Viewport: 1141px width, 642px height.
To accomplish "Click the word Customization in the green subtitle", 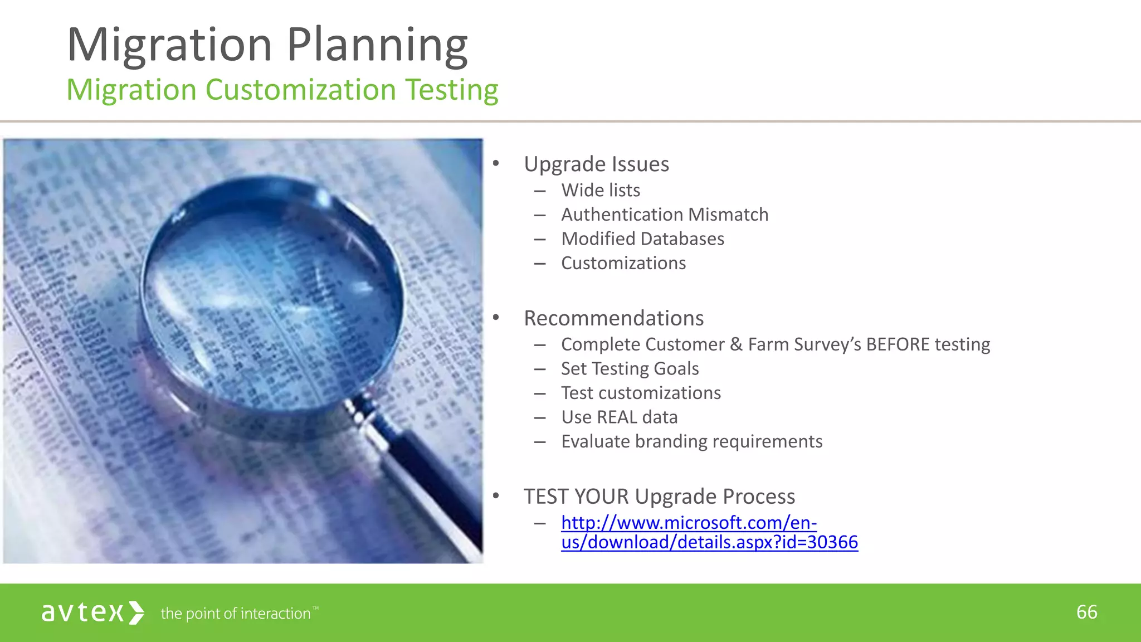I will [301, 90].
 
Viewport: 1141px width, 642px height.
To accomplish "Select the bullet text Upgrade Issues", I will [596, 164].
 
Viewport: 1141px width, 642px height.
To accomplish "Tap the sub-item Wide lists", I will [601, 190].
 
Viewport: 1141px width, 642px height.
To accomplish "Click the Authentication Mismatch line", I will [664, 215].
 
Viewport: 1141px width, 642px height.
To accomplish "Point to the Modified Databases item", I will [642, 239].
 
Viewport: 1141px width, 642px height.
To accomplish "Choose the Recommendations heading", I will [613, 318].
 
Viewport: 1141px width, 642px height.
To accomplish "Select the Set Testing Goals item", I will [630, 369].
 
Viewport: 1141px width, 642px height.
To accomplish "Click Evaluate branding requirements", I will [691, 441].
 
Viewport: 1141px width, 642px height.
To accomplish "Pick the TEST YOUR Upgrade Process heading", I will [659, 497].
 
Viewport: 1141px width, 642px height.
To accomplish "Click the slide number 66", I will [1086, 612].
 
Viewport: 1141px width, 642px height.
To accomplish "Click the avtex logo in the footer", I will [92, 612].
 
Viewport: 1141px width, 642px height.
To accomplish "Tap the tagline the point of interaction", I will [236, 614].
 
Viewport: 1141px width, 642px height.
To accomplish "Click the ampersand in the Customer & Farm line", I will [736, 344].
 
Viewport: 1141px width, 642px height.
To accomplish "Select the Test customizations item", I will [641, 393].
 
